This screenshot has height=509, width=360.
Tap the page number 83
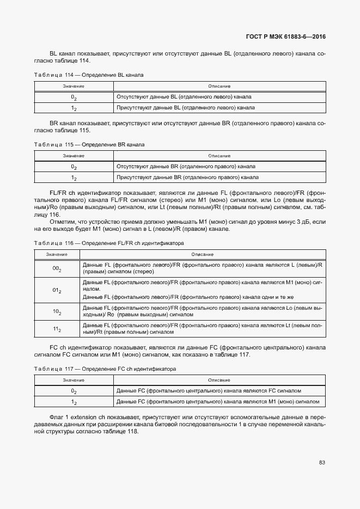coord(322,463)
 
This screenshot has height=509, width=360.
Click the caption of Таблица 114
coord(89,75)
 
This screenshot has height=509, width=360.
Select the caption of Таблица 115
coord(89,144)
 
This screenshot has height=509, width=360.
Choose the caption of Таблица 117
coord(105,369)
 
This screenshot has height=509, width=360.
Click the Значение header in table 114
coord(74,86)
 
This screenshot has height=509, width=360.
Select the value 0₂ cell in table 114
coord(74,97)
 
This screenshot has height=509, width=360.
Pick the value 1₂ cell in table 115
coord(74,177)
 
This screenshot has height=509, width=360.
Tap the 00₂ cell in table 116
coord(57,268)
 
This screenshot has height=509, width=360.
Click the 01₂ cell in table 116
coord(57,290)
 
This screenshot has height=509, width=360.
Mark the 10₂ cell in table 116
coord(57,312)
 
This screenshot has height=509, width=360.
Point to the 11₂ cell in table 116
coord(57,329)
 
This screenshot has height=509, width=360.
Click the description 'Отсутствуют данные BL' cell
coord(184,96)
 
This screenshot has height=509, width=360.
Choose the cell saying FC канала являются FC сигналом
coord(209,390)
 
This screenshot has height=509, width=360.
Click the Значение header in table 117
coord(74,380)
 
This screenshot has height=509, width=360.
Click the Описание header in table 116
coord(203,254)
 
